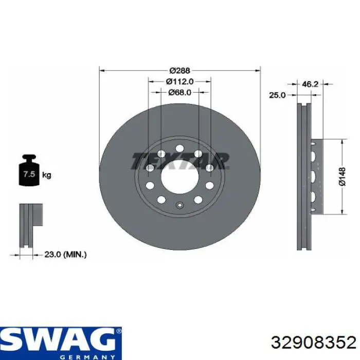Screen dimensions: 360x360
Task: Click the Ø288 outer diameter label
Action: click(179, 70)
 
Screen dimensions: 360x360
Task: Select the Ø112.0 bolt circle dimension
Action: click(179, 81)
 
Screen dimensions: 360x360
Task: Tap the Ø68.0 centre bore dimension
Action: click(179, 93)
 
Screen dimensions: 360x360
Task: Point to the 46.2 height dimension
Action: click(310, 84)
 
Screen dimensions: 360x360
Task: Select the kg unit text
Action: click(47, 175)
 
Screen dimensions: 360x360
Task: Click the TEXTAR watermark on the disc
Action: click(179, 160)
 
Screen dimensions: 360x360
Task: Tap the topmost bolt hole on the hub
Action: click(179, 149)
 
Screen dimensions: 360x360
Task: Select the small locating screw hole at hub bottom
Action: click(179, 207)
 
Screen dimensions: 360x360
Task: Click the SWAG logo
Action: click(60, 339)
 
